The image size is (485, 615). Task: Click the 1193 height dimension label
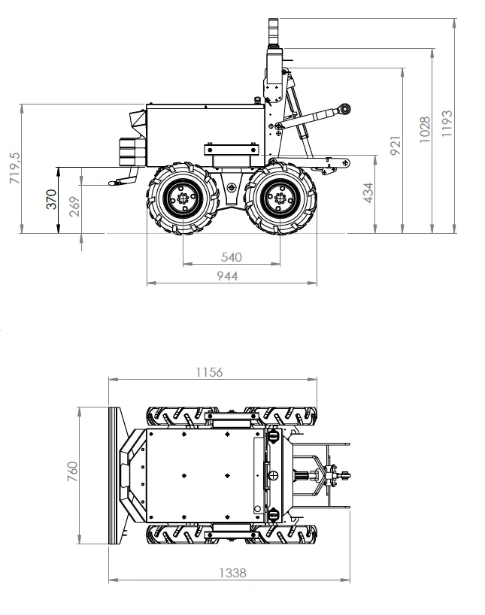447,123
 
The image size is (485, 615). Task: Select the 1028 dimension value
425,129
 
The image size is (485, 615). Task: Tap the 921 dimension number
396,146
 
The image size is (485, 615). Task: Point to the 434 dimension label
368,192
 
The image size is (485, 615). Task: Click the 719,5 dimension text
15,168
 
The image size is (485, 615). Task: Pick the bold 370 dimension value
51,199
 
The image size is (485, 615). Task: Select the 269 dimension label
74,206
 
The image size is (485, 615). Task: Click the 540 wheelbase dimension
232,257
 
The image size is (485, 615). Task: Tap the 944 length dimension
227,276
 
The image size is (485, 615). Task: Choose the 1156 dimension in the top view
209,372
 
